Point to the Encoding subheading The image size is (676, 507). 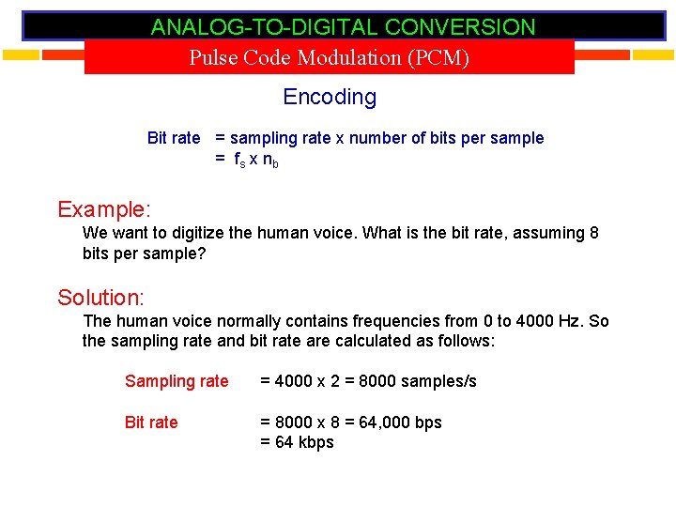330,97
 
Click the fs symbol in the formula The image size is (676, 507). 240,160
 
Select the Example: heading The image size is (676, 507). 104,208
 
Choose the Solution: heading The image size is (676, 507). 100,298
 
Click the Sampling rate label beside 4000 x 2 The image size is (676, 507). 177,381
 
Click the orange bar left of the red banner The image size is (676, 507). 42,54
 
